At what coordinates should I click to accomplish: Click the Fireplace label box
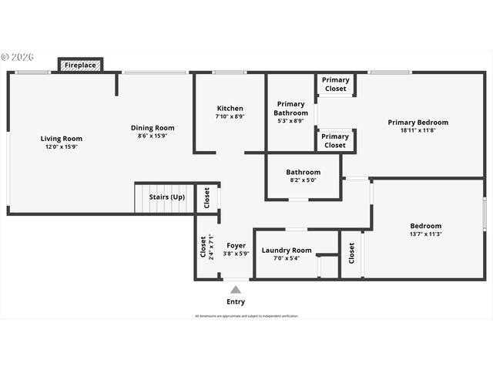[80, 66]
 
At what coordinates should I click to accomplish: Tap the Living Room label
[62, 139]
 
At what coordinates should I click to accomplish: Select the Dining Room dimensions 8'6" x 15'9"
[152, 136]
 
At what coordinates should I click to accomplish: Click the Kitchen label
[230, 109]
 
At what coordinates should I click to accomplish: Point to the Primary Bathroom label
[290, 109]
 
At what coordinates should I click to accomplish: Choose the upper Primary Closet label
[335, 84]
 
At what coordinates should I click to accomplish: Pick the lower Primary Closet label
[335, 141]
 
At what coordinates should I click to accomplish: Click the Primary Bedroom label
[418, 123]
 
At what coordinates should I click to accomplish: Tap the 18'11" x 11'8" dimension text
[418, 130]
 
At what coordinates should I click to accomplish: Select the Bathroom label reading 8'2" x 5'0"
[303, 176]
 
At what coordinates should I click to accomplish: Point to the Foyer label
[236, 246]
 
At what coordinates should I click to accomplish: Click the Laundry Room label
[286, 251]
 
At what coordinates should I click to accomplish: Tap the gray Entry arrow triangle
[236, 290]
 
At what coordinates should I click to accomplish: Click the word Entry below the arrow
[236, 301]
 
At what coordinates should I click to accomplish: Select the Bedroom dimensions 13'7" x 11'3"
[425, 234]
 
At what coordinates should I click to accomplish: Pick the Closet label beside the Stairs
[206, 198]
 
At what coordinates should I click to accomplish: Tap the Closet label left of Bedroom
[351, 253]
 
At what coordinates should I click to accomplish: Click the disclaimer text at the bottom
[246, 316]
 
